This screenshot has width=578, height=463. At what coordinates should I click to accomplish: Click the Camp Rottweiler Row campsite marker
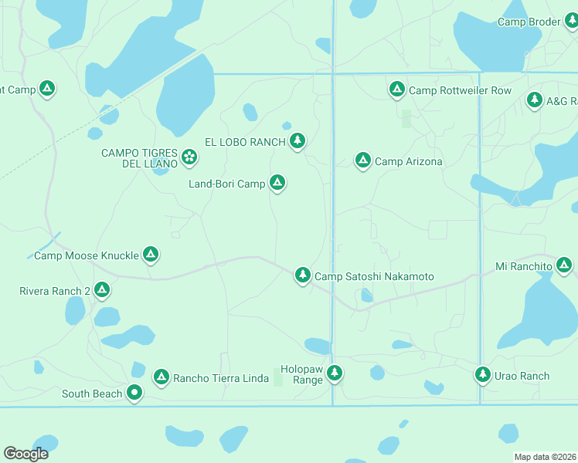[397, 90]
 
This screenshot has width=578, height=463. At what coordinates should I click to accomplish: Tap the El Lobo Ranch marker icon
[297, 140]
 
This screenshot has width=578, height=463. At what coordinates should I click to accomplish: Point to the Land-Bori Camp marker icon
[277, 183]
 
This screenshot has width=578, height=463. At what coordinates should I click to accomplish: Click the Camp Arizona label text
[408, 161]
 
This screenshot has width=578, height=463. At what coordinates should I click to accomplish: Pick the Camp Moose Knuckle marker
[150, 254]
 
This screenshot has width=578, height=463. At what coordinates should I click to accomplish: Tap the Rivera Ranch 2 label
[55, 291]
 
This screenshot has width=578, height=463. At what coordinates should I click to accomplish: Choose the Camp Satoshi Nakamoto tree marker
[303, 275]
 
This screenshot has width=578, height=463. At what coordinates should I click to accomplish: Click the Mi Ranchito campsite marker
[564, 266]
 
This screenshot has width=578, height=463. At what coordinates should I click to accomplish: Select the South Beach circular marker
[134, 393]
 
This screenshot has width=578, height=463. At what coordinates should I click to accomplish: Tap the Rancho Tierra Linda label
[221, 377]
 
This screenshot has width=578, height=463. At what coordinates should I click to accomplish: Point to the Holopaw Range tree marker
[334, 373]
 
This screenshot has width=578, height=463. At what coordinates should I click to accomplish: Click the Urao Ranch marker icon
[483, 374]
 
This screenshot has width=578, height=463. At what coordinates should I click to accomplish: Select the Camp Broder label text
[529, 22]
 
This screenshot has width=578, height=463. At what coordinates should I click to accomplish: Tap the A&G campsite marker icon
[534, 100]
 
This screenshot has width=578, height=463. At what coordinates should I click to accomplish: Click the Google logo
[25, 454]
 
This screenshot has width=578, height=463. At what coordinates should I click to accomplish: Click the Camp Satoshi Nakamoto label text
[374, 276]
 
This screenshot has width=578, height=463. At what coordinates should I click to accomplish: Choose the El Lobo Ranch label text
[244, 141]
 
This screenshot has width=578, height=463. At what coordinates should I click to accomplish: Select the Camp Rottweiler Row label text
[460, 90]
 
